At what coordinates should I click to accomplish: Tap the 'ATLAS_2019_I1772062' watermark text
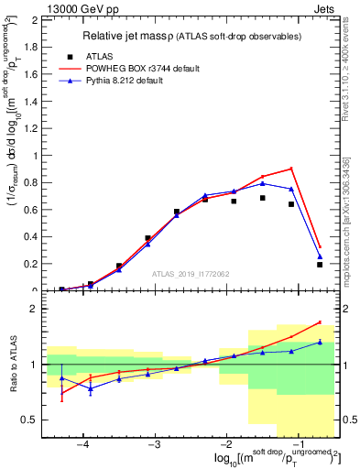pos(191,273)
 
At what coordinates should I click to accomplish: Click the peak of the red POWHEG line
pos(291,169)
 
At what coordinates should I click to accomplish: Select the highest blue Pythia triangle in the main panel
pos(263,183)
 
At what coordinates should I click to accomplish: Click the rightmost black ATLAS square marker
pos(320,265)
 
